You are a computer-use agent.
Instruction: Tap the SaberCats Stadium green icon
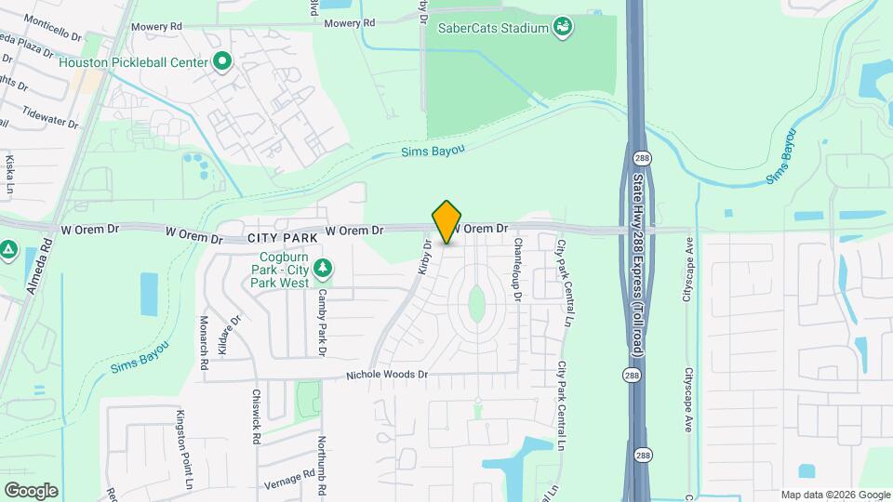pyautogui.click(x=563, y=27)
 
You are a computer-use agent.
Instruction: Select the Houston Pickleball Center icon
pyautogui.click(x=222, y=62)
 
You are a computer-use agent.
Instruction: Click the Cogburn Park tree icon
pyautogui.click(x=323, y=269)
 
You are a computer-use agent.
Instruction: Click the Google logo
pyautogui.click(x=31, y=490)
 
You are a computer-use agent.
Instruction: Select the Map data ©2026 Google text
pyautogui.click(x=834, y=495)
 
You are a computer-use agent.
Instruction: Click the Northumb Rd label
pyautogui.click(x=322, y=463)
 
